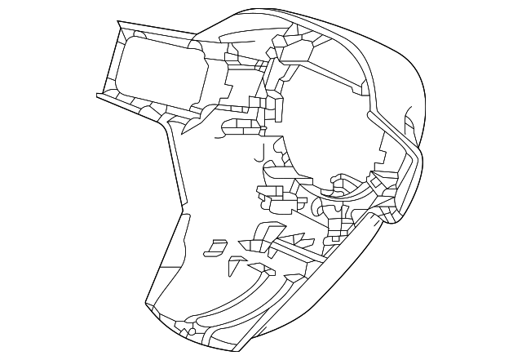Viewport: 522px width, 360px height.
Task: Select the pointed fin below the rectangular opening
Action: click(x=191, y=125)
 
